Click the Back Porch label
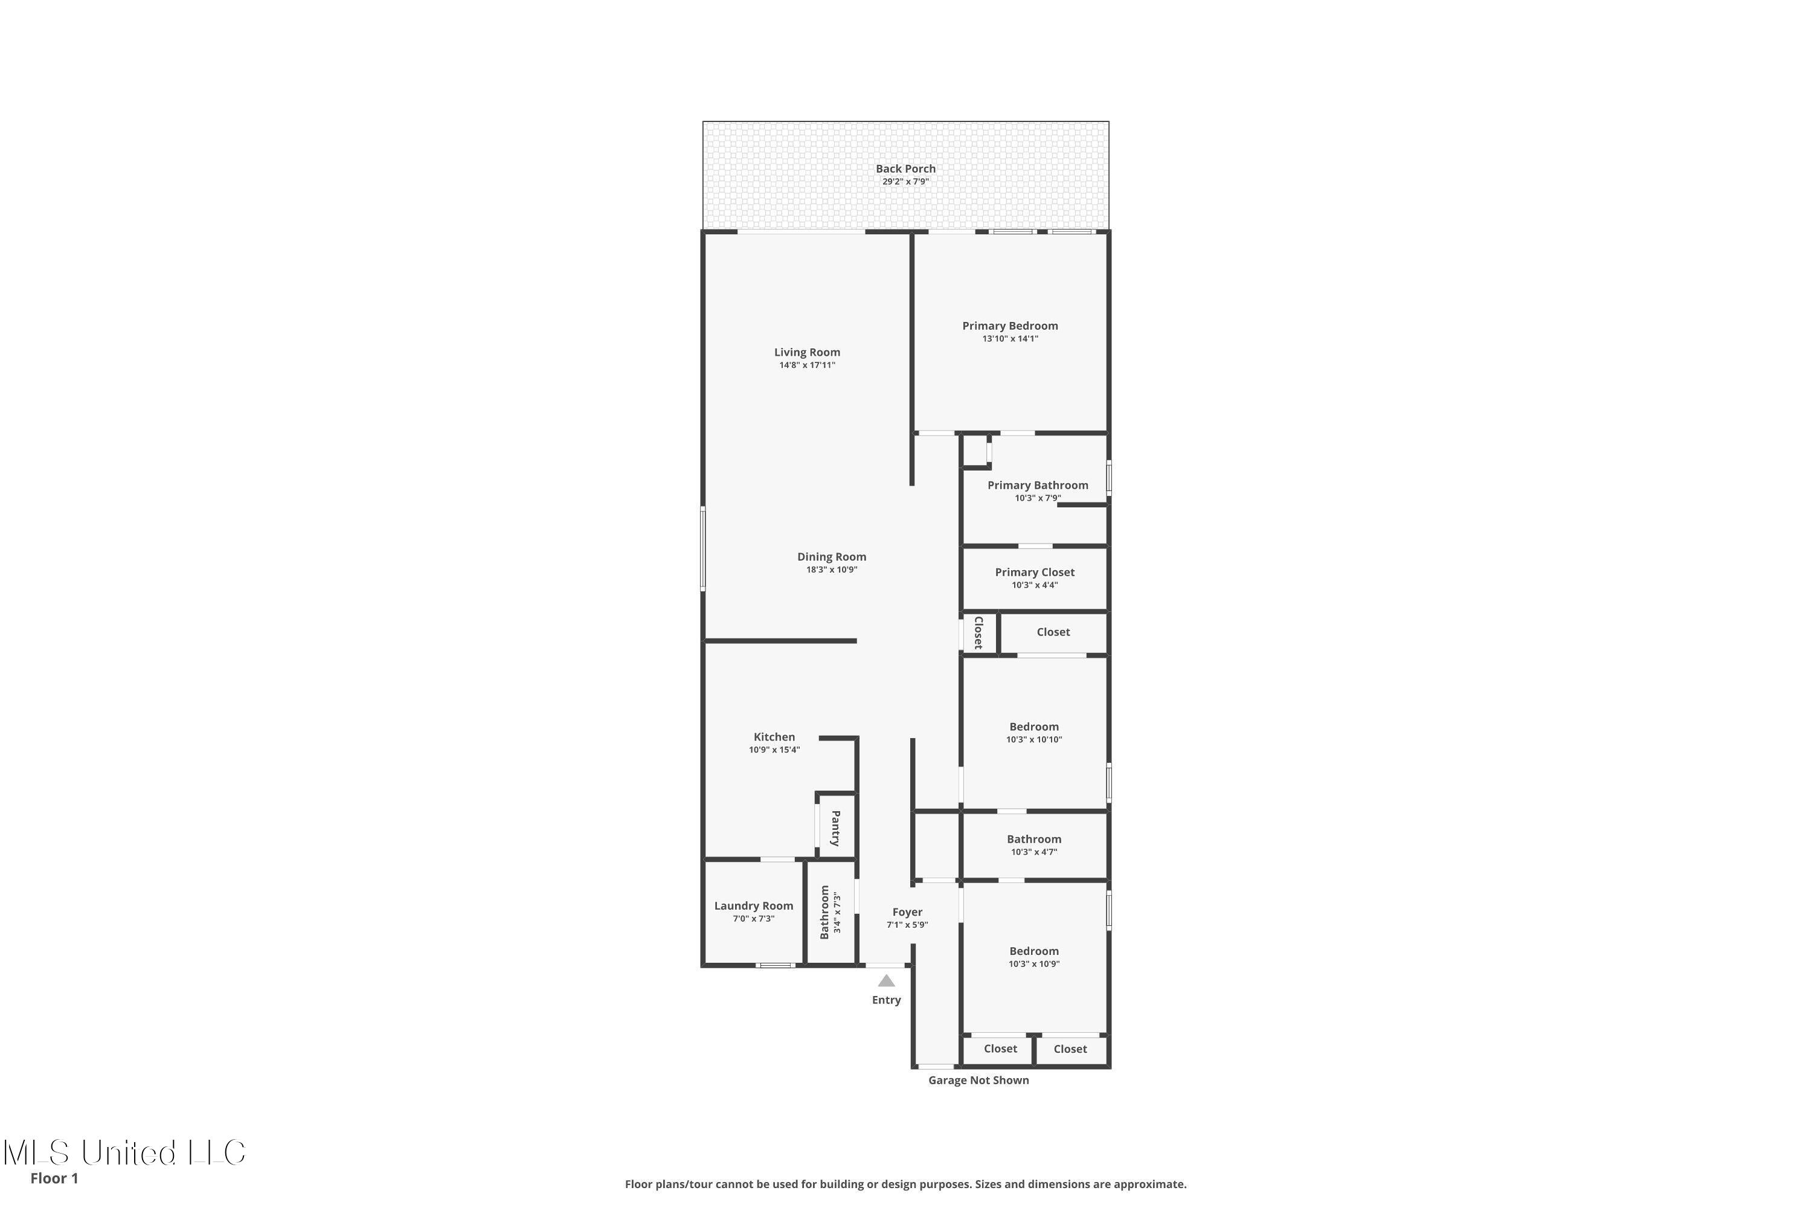click(905, 169)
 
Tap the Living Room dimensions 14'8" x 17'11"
click(806, 365)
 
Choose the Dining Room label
click(831, 557)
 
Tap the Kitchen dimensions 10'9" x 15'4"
click(774, 750)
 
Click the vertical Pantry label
click(836, 828)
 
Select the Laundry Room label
click(753, 906)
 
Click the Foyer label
click(907, 912)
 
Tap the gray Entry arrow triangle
click(886, 981)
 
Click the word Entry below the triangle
click(886, 1000)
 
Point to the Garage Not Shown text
click(978, 1080)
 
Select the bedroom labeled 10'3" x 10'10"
click(1033, 727)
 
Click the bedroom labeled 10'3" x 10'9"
click(1033, 951)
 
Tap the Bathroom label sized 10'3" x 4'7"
click(1033, 840)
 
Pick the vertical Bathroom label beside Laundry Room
click(824, 912)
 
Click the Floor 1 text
click(54, 1178)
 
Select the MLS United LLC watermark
click(123, 1152)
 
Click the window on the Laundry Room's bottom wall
click(774, 965)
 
